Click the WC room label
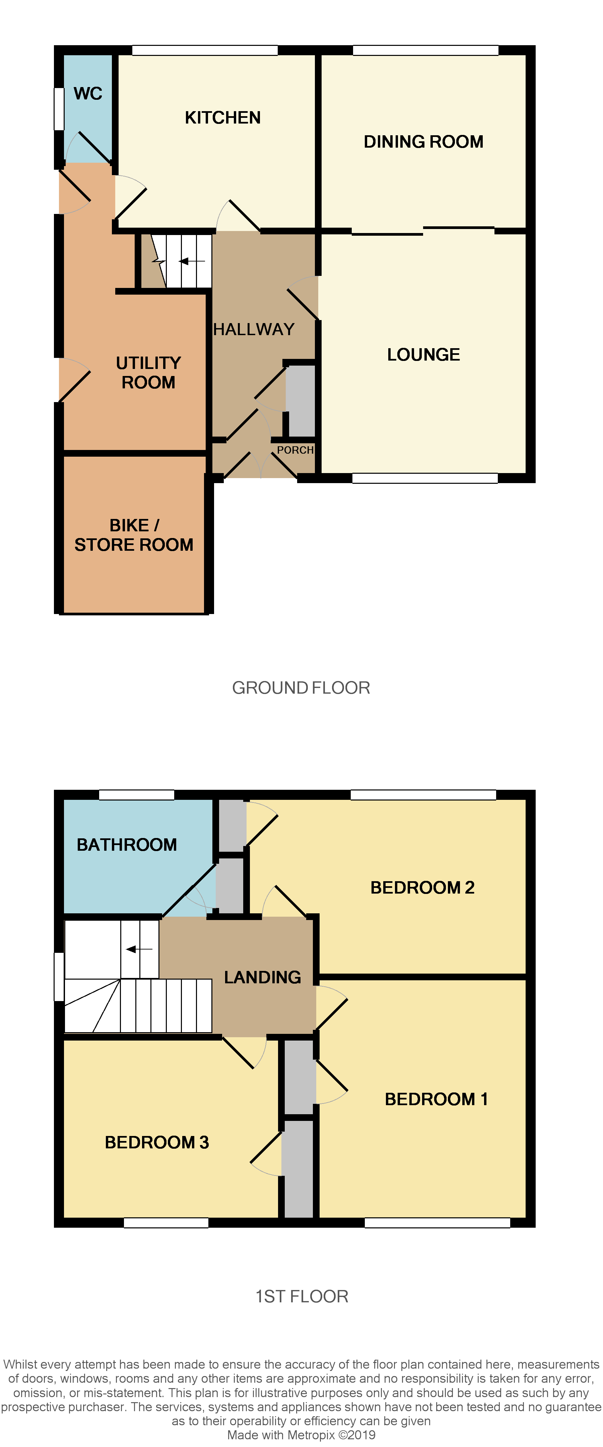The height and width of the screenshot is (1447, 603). (x=88, y=93)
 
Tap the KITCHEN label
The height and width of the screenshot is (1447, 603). (x=222, y=118)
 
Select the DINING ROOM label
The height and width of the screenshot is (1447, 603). (x=423, y=142)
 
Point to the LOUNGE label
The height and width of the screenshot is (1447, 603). (x=423, y=355)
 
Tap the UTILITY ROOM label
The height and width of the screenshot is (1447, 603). (x=148, y=372)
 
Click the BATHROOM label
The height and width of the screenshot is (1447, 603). (x=126, y=844)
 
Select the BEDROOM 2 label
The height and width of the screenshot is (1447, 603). (x=422, y=888)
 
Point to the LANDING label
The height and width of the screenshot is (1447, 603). (x=262, y=977)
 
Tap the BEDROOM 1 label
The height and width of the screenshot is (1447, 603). (x=436, y=1099)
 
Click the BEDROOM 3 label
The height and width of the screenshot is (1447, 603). (x=157, y=1142)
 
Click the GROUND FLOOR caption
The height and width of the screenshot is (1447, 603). (x=300, y=688)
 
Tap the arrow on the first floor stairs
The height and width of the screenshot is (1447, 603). (x=139, y=949)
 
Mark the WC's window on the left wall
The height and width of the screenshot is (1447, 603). (x=58, y=109)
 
